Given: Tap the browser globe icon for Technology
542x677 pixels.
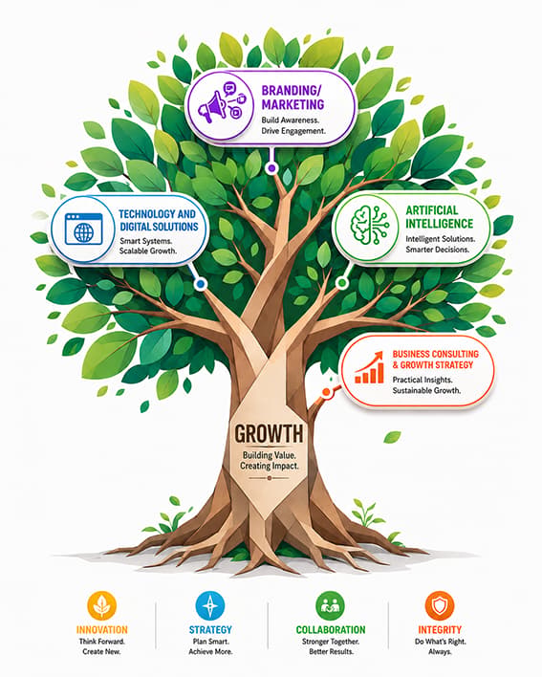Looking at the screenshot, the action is coord(84,229).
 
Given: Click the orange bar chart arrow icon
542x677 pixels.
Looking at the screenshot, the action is coord(369,367).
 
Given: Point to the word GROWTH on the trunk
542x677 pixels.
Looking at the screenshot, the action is coord(269,433).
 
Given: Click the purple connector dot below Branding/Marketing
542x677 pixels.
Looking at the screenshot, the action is coord(271,168).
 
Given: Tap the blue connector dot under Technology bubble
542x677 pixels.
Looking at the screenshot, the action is coord(200,284).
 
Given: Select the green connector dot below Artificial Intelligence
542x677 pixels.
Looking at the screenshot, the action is coord(342,283).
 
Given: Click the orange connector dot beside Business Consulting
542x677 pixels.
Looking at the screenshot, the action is coord(326,392).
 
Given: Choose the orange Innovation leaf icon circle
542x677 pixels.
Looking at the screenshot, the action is coord(102,605).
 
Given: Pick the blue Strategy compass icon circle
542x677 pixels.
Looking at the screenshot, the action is coord(210,605).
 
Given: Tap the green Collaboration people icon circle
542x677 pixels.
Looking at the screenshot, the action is coord(330,605).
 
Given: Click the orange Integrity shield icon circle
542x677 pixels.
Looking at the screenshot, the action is coord(440,605).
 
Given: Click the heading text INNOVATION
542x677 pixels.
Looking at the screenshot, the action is coord(102,630).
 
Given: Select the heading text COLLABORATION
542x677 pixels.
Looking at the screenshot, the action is coord(331,630).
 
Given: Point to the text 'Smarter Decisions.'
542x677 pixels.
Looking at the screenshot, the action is coord(436,250).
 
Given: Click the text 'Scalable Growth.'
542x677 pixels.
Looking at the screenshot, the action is coord(148,251).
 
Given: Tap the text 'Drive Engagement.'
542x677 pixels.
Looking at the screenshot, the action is coord(293,131).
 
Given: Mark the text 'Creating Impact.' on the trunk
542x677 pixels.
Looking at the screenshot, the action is coord(270,466).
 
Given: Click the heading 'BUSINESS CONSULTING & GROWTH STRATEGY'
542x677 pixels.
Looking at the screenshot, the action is coord(435,360).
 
